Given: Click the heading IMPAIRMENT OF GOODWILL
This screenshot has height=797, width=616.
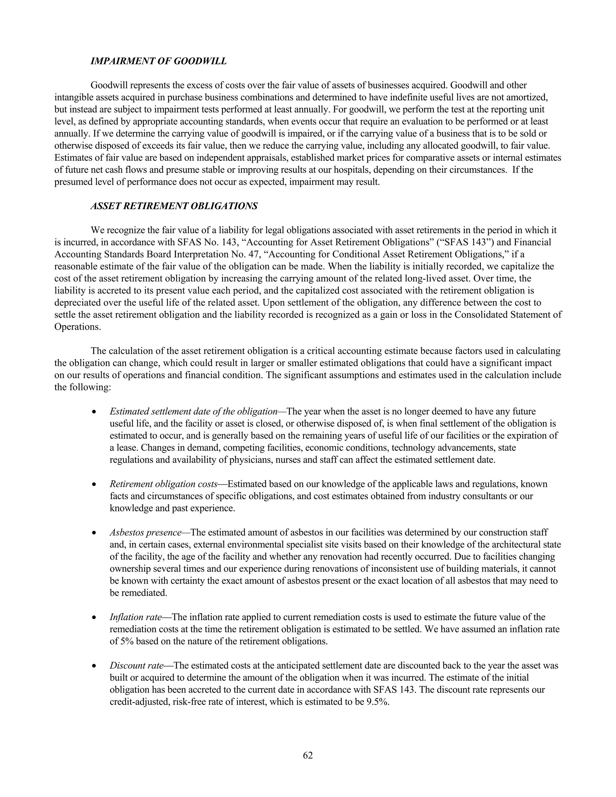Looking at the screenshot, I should (x=159, y=61).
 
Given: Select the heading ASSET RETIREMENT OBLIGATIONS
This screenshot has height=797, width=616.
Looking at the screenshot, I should (x=174, y=206).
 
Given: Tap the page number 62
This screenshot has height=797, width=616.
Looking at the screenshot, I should (x=308, y=755).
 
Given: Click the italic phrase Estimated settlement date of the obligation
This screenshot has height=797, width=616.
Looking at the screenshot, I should (x=193, y=412).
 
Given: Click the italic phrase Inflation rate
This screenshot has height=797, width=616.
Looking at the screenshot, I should (x=135, y=617).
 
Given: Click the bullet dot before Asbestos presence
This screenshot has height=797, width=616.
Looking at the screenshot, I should (x=94, y=533).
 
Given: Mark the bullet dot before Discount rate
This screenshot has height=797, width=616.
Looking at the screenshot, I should (x=94, y=666).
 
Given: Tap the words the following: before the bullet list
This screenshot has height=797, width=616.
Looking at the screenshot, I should (x=82, y=387).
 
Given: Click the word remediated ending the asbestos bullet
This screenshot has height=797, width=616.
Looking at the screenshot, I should (x=138, y=593).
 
